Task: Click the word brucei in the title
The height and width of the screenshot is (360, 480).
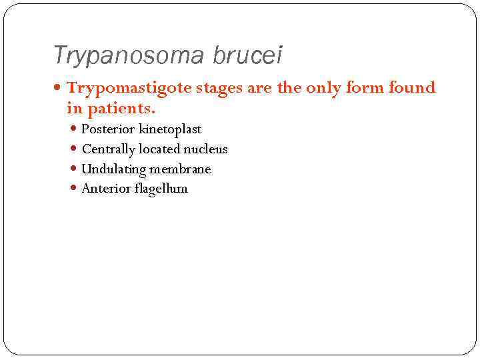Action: (x=247, y=56)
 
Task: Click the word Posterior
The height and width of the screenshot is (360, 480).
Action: (x=107, y=129)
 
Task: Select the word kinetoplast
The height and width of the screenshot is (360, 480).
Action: (x=169, y=129)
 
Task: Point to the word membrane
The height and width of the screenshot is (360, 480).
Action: (x=180, y=169)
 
